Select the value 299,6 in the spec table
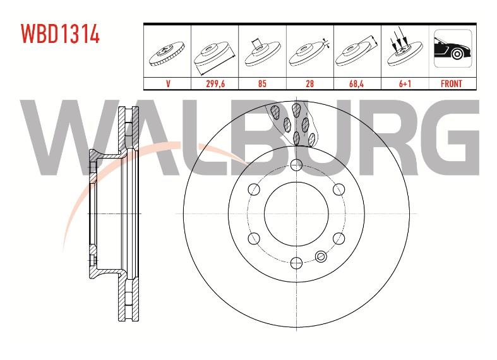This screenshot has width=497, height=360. pyautogui.click(x=215, y=83)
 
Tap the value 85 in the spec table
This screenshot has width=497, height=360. pyautogui.click(x=262, y=83)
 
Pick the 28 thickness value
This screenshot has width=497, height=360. pyautogui.click(x=309, y=83)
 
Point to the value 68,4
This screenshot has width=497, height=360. pyautogui.click(x=357, y=83)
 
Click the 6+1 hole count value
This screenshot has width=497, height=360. pyautogui.click(x=405, y=83)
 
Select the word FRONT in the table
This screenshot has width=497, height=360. pyautogui.click(x=451, y=83)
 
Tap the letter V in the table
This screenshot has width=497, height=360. pyautogui.click(x=167, y=83)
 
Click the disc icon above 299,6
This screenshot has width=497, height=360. pyautogui.click(x=215, y=56)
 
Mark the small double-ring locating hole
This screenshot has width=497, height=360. pyautogui.click(x=320, y=256)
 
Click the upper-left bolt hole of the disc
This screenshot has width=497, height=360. pyautogui.click(x=254, y=189)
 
